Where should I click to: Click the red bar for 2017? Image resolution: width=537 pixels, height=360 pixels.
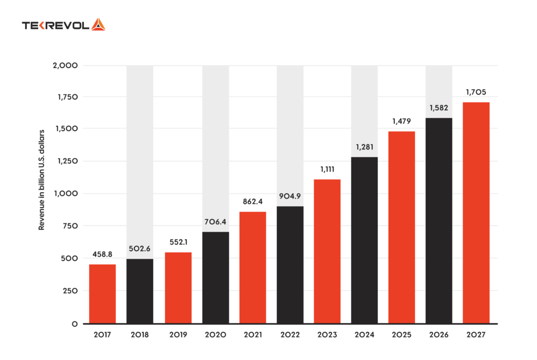[x=102, y=293]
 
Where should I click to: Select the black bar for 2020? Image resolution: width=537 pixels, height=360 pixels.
[x=216, y=278]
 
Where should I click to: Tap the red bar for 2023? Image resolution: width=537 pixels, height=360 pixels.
[x=327, y=252]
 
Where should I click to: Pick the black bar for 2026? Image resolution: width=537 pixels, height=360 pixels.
[x=439, y=221]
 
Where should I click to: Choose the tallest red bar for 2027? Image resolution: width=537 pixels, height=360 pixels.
[x=476, y=213]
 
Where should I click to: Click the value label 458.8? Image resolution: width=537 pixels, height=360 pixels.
[x=102, y=254]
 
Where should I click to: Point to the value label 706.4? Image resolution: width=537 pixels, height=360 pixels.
[x=216, y=222]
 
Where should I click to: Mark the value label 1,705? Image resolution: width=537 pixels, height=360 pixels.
[x=476, y=92]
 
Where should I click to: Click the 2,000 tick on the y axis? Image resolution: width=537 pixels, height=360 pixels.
[x=66, y=66]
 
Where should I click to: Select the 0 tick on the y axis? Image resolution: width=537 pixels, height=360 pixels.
[x=75, y=323]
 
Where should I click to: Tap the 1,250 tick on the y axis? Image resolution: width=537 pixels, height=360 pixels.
[x=67, y=161]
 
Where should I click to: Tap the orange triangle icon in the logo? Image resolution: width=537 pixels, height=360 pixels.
[x=98, y=25]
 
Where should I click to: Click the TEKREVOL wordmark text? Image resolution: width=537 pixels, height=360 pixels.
[x=56, y=25]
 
